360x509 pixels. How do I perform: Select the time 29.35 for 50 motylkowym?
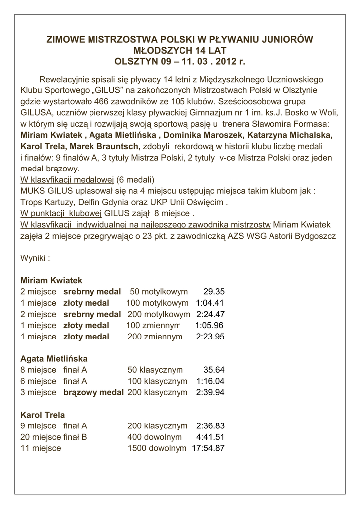pyautogui.click(x=214, y=292)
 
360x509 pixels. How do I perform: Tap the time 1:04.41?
pyautogui.click(x=210, y=303)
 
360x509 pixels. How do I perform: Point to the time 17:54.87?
pyautogui.click(x=208, y=448)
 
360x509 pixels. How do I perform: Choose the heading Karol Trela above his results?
pyautogui.click(x=43, y=415)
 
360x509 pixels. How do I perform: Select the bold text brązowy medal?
pyautogui.click(x=93, y=392)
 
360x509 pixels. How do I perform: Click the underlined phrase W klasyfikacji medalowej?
pyautogui.click(x=67, y=179)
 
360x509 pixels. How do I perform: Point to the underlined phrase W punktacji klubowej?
pyautogui.click(x=62, y=213)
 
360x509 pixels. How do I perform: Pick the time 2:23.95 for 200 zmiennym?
pyautogui.click(x=210, y=337)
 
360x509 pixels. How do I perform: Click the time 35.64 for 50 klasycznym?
pyautogui.click(x=214, y=370)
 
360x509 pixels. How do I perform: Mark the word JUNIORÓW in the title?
pyautogui.click(x=287, y=39)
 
